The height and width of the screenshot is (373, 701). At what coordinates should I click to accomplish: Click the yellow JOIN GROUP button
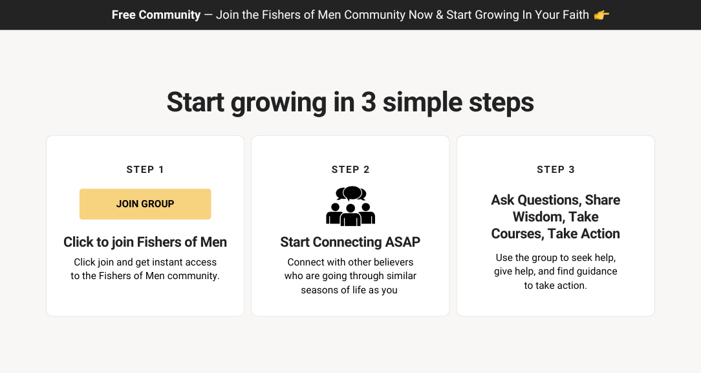pos(146,204)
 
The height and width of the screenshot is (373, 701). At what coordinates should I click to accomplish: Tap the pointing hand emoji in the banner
pos(601,16)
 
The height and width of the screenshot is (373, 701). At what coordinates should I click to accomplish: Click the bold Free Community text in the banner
pos(156,15)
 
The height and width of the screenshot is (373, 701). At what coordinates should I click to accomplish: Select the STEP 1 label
pos(146,170)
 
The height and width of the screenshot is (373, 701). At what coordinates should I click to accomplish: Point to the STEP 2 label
pos(350,170)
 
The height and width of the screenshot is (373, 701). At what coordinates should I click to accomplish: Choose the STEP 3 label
pos(555,170)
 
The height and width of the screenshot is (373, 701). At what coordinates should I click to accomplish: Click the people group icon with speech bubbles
pos(350,206)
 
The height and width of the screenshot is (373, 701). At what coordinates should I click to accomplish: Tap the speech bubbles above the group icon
pos(351,194)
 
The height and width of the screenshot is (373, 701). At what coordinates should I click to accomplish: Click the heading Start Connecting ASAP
pos(350,242)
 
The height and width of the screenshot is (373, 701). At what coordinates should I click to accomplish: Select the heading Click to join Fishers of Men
pos(146,242)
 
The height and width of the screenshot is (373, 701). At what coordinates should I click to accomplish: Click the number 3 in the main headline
pos(369,102)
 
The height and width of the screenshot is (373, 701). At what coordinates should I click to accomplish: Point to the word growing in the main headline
pos(279,103)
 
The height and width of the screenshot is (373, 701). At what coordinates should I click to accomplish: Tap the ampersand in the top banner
pos(440,15)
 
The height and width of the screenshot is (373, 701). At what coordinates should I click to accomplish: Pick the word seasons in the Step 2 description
pos(318,290)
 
